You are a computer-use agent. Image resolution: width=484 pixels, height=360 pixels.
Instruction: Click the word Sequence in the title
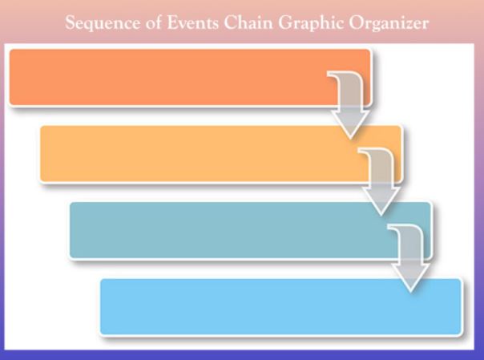tap(103, 23)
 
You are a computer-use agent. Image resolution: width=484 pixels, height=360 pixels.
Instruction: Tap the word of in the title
tap(154, 22)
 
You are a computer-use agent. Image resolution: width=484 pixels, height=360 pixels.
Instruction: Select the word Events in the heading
tap(193, 22)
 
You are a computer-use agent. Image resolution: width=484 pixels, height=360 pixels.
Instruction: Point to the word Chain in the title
tap(248, 22)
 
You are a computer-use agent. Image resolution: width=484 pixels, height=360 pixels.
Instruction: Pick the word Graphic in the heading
tap(311, 23)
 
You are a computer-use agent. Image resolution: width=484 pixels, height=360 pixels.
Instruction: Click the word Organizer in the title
tap(389, 23)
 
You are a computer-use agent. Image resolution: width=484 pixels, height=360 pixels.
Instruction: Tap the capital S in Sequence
tap(71, 22)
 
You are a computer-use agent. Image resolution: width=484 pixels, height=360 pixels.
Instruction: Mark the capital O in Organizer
tap(357, 22)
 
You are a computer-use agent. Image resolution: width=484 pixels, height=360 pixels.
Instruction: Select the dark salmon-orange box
tap(190, 78)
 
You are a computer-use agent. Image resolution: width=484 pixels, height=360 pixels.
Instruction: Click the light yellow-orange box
tap(220, 154)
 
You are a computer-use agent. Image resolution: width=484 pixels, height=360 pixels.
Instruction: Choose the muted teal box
tap(250, 231)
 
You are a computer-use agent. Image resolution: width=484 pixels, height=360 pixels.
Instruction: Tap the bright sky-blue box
tap(280, 307)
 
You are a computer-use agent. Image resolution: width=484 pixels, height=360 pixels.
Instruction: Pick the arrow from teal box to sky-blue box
tap(411, 255)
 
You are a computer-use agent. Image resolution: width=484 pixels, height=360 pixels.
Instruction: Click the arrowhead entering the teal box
tap(381, 201)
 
